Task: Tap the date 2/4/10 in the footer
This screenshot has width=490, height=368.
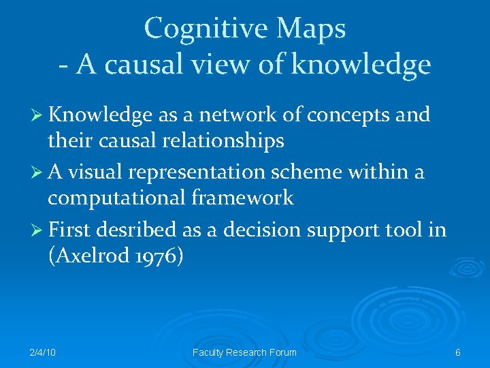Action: (43, 352)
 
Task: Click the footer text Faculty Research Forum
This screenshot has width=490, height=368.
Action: (245, 352)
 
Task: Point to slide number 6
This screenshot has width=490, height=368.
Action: (458, 352)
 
